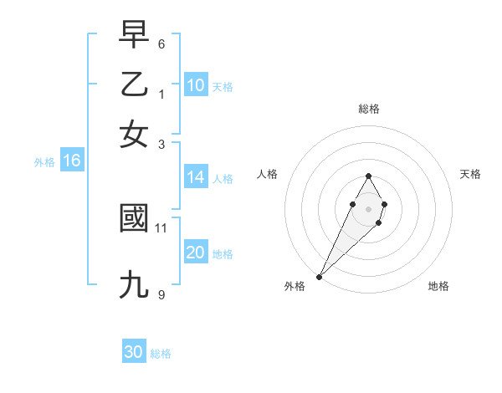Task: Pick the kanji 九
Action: (134, 285)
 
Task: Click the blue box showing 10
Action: (196, 85)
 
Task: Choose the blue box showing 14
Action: (196, 177)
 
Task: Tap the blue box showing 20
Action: (196, 253)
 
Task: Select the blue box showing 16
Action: (71, 161)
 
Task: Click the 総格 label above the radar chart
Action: (368, 109)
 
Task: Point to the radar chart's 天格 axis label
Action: (470, 174)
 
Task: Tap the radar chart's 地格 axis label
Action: (438, 286)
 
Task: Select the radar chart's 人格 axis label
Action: (268, 174)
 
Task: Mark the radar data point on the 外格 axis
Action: (320, 276)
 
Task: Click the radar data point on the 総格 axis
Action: (368, 176)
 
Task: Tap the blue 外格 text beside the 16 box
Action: (44, 162)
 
